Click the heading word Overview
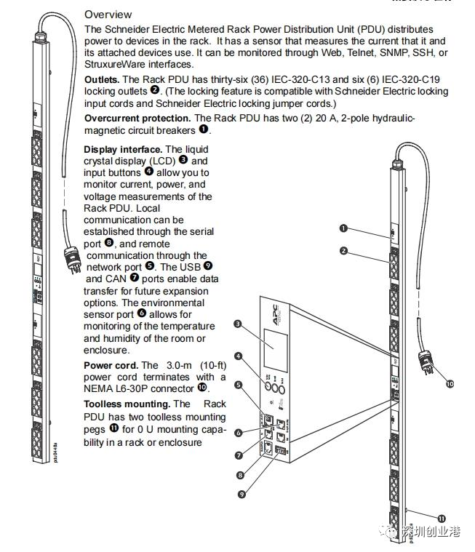click(x=108, y=15)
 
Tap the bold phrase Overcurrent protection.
click(x=137, y=118)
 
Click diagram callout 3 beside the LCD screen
click(x=238, y=323)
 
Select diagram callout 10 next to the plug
click(x=449, y=383)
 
